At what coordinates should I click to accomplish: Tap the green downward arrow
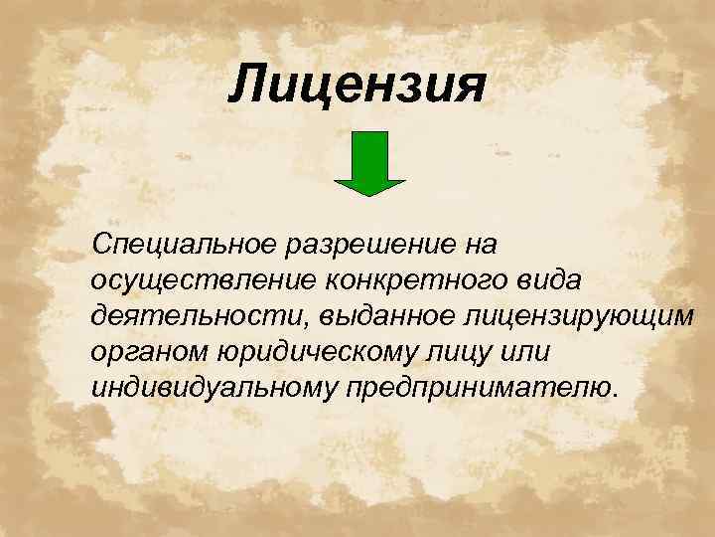[369, 164]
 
